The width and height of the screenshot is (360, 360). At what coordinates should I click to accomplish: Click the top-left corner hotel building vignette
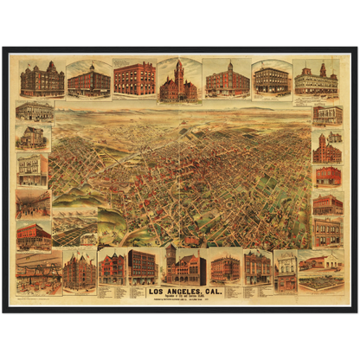[42, 79]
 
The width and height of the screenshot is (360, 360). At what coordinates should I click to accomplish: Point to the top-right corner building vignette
[316, 80]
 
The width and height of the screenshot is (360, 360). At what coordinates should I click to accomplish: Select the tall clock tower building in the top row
[178, 81]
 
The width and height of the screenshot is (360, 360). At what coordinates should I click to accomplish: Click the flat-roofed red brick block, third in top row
[134, 79]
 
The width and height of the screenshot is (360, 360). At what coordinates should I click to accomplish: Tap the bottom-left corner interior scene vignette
[39, 273]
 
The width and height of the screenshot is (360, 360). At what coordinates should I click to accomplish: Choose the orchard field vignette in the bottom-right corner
[320, 282]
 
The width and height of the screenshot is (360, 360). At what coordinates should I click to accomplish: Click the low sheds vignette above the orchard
[320, 260]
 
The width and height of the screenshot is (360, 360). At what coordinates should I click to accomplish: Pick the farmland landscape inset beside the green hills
[74, 230]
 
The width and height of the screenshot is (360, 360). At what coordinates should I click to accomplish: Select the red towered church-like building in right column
[327, 149]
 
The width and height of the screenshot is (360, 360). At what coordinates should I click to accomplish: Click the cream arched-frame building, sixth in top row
[271, 80]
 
